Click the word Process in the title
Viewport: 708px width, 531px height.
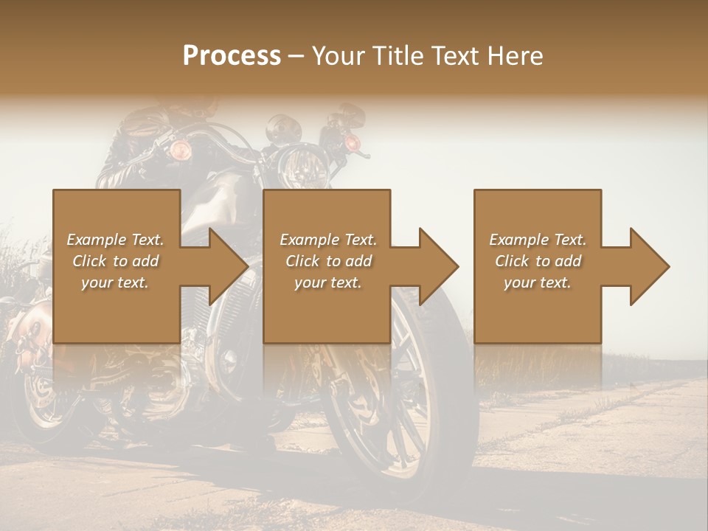(232, 56)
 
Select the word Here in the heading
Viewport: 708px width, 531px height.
(516, 56)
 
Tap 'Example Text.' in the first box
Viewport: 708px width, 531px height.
(115, 240)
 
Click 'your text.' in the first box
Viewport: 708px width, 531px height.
(115, 282)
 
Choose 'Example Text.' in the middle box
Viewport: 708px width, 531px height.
(328, 240)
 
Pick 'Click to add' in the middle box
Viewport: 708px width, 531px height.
(328, 261)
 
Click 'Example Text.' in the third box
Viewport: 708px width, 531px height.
(538, 240)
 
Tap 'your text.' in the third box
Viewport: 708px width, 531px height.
(538, 282)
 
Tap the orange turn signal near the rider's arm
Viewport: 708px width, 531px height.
(180, 150)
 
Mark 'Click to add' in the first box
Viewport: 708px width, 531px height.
(115, 261)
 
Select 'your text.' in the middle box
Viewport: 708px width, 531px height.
(328, 282)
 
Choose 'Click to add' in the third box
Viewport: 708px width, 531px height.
(538, 261)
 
